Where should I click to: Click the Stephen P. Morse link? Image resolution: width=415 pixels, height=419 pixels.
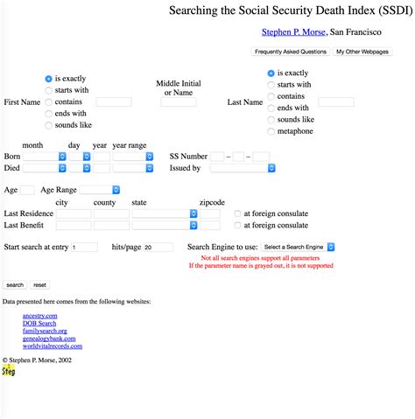[293, 32]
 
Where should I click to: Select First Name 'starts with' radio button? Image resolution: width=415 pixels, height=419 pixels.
[48, 90]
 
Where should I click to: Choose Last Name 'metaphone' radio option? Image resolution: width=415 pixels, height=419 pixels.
[271, 131]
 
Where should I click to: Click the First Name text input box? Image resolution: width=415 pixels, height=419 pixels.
[113, 102]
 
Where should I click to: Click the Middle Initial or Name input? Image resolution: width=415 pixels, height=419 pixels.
[178, 102]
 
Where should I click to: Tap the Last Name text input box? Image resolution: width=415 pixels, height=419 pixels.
[335, 102]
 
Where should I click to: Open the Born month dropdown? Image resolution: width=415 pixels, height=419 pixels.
[45, 156]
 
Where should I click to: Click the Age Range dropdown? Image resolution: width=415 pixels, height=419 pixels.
[101, 189]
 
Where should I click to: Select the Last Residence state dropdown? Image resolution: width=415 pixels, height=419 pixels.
[164, 213]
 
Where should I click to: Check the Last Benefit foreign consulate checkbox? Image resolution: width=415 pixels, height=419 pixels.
[237, 225]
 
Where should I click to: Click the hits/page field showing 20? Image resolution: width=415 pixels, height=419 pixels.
[158, 248]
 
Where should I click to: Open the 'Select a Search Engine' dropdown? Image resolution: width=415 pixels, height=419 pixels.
[298, 248]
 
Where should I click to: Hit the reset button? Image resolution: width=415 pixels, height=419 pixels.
[40, 284]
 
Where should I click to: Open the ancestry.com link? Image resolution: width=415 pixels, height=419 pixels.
[40, 315]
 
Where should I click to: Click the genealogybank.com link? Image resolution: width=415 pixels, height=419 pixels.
[51, 339]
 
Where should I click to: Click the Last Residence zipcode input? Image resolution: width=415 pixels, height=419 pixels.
[210, 213]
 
